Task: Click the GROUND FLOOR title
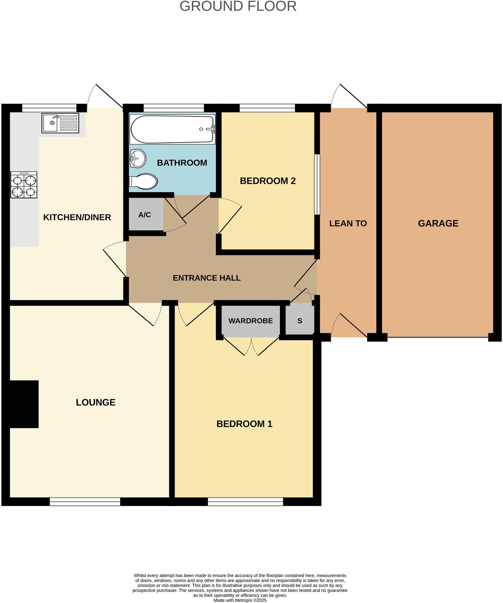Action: (238, 6)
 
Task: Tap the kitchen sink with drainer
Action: (60, 123)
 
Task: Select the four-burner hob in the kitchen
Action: (24, 185)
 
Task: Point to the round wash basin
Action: (137, 158)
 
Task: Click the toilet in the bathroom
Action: (144, 181)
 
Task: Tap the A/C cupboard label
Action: (144, 215)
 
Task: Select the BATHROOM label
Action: (182, 163)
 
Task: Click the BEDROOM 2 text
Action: (268, 181)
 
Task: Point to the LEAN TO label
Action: (348, 223)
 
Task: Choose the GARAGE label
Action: (438, 223)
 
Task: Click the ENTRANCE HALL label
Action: (206, 278)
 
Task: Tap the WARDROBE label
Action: (251, 321)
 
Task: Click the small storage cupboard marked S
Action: (300, 321)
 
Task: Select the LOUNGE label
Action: (96, 402)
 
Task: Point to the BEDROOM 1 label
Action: (244, 424)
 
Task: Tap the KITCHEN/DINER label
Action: (77, 217)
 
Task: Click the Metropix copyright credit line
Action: (240, 600)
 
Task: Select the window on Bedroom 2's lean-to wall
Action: (317, 184)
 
